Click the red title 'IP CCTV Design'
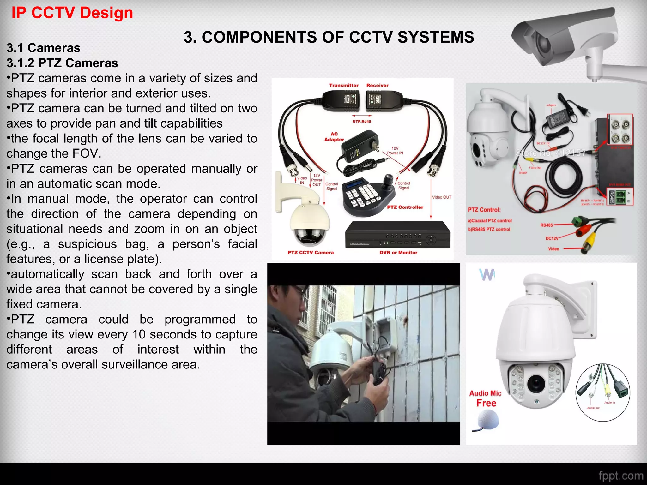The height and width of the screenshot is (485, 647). coord(72,13)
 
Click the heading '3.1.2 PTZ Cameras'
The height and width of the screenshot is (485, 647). coord(62,63)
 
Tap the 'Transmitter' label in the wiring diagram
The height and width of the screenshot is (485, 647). coord(344,85)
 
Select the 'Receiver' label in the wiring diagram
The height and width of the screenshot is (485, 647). coord(377,85)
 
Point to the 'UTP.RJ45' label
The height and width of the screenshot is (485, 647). coord(362,121)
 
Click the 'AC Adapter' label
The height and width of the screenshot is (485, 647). coord(334,137)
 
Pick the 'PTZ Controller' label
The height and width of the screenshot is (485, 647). coord(405,207)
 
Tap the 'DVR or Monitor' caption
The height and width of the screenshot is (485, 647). coord(398,253)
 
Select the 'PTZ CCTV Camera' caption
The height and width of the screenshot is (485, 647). coord(311,253)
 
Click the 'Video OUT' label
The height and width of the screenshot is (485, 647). coord(442,197)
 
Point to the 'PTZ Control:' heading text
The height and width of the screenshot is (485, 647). coord(484,210)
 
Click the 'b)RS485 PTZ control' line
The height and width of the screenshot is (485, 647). coord(489,229)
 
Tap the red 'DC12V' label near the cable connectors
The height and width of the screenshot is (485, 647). coord(552,238)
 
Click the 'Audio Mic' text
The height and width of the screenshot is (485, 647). coord(485,393)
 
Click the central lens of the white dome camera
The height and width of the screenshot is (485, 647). coord(536,383)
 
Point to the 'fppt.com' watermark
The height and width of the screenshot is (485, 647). coord(621,476)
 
